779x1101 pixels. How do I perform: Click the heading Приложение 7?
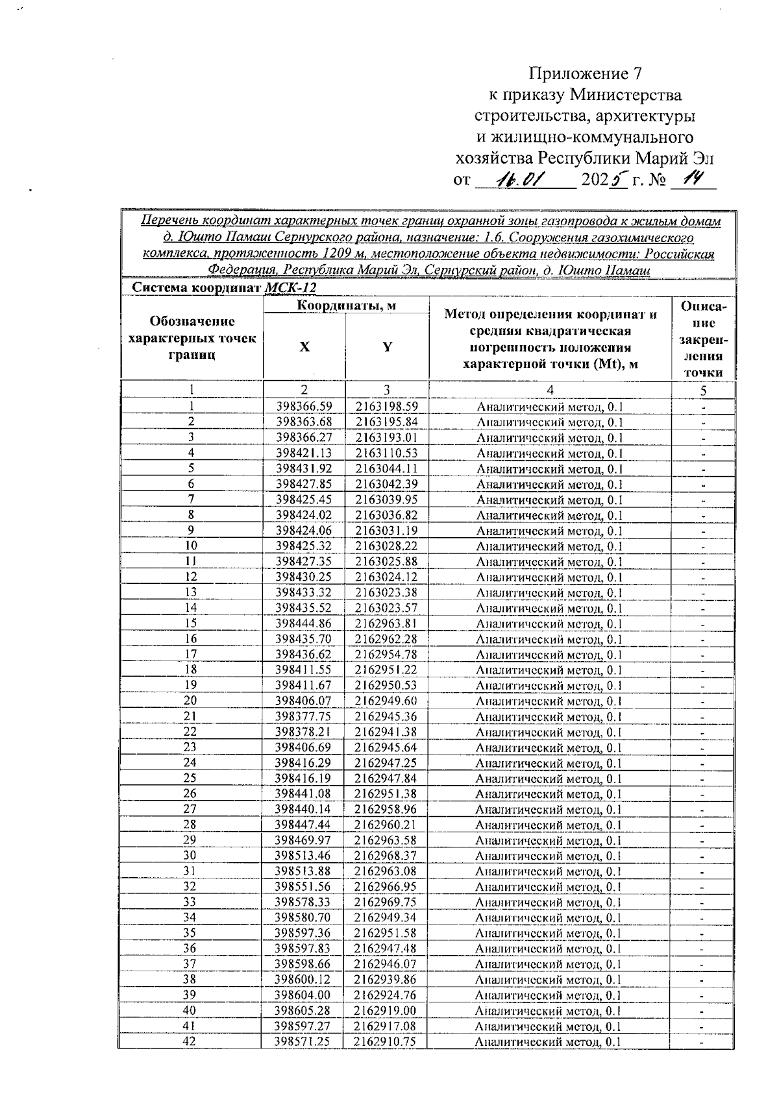[x=589, y=73]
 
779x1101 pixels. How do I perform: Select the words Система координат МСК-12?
[x=223, y=288]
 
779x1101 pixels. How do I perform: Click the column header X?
[x=304, y=347]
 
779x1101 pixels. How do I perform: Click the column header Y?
[x=387, y=347]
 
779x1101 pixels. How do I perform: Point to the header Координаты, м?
[x=346, y=306]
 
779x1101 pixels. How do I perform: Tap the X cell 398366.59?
[x=304, y=407]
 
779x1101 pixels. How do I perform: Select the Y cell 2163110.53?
[x=386, y=454]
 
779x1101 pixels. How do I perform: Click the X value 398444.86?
[x=304, y=623]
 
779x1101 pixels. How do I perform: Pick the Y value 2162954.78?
[x=386, y=655]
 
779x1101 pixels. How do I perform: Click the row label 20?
[x=190, y=701]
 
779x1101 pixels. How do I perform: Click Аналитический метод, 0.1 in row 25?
[x=549, y=779]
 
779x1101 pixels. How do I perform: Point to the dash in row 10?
[x=703, y=547]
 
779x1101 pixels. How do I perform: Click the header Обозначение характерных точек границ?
[x=192, y=338]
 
